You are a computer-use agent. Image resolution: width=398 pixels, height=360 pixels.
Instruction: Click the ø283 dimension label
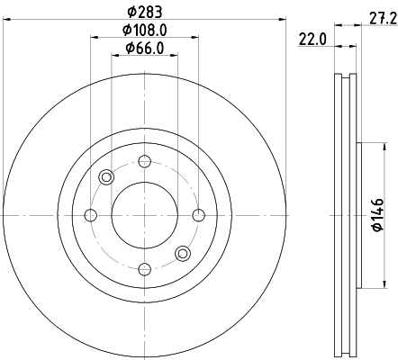pyautogui.click(x=143, y=12)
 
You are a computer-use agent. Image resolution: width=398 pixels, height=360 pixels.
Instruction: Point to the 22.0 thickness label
pyautogui.click(x=312, y=38)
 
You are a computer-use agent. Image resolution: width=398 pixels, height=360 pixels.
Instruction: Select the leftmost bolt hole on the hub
pyautogui.click(x=90, y=214)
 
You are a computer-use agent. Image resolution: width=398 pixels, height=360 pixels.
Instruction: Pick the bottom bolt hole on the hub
pyautogui.click(x=144, y=267)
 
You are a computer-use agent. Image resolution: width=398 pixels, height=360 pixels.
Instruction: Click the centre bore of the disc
pyautogui.click(x=144, y=214)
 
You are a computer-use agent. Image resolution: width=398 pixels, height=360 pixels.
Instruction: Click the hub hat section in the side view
pyautogui.click(x=359, y=214)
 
